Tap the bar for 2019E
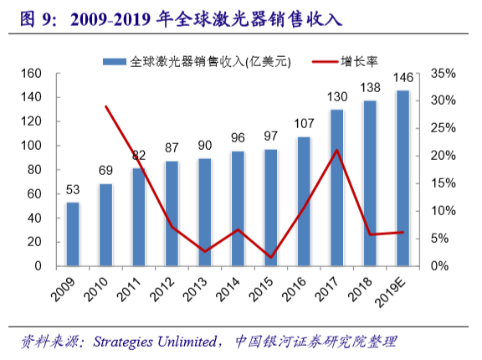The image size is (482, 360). click(403, 178)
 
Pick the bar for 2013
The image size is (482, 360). click(205, 212)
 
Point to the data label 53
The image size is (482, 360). click(73, 188)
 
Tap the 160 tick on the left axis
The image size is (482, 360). click(32, 74)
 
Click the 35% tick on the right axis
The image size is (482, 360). click(443, 74)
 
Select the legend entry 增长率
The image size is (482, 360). click(357, 61)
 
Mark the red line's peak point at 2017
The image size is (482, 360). click(336, 151)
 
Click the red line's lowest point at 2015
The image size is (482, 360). click(271, 257)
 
